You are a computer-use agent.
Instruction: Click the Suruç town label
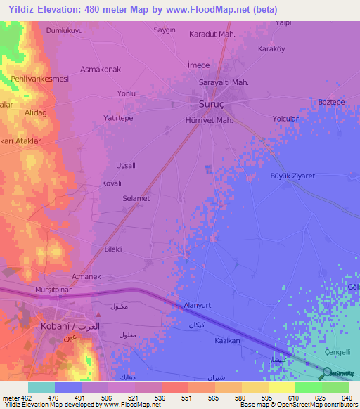pos(207,103)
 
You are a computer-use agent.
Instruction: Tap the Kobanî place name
pos(58,327)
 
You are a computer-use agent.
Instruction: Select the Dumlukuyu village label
pos(64,31)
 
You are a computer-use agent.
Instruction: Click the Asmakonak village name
pos(101,69)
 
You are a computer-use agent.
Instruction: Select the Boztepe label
pos(331,102)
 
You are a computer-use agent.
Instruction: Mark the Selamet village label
pos(136,199)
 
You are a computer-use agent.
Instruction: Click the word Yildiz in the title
pos(22,9)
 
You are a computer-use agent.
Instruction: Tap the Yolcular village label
pos(285,119)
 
